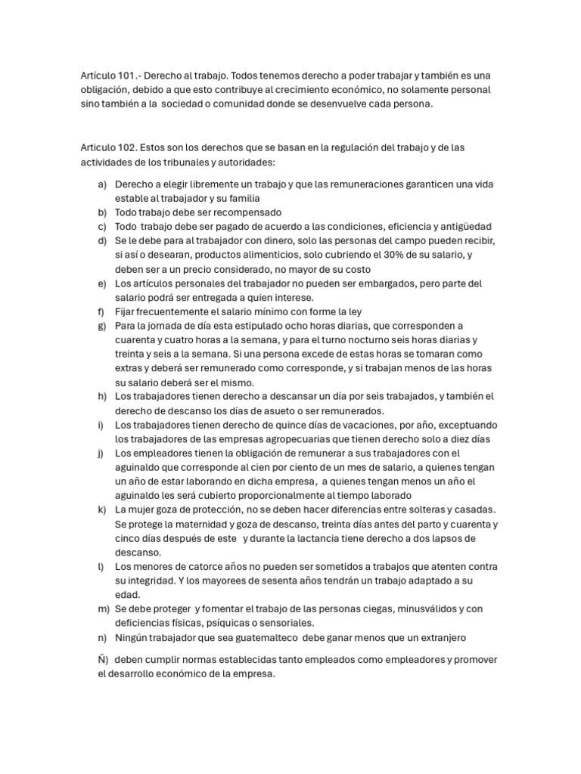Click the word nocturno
pos(375,340)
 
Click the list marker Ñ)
pos(102,660)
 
